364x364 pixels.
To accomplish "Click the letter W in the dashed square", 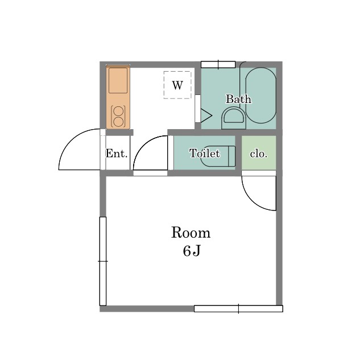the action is click(x=177, y=85).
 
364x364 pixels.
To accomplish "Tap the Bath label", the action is click(x=238, y=99).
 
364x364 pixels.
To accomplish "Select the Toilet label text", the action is click(x=205, y=153).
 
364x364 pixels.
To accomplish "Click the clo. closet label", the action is click(x=259, y=154).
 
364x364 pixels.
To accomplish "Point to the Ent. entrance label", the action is click(x=117, y=153).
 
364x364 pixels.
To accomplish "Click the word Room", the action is click(x=191, y=233).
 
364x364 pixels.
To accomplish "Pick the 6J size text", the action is click(x=192, y=251).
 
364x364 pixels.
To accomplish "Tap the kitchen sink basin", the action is click(x=118, y=80).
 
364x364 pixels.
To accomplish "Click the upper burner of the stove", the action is click(x=118, y=111).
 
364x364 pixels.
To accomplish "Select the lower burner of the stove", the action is click(x=118, y=122).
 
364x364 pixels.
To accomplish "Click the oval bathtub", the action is click(x=260, y=95).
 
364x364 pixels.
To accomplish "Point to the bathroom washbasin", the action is click(x=234, y=118).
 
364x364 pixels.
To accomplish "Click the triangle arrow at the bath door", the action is click(x=206, y=115).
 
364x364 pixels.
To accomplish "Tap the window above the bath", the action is click(x=218, y=64).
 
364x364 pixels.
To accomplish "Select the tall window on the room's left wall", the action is click(x=103, y=261).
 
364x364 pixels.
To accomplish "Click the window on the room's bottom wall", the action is click(x=238, y=309).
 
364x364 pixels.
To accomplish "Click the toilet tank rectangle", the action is click(x=231, y=156).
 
